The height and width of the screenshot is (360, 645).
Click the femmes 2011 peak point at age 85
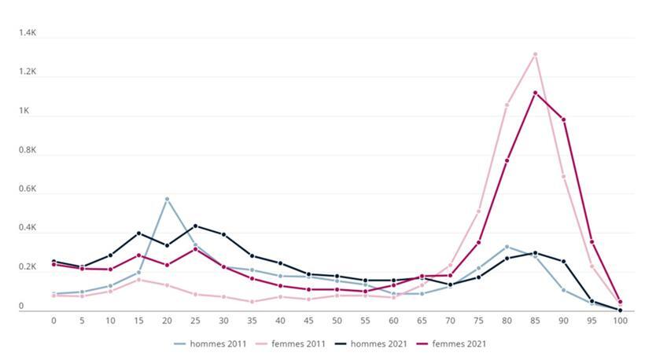535,54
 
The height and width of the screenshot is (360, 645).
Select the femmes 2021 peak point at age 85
535,93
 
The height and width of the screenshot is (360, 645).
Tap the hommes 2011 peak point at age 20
167,199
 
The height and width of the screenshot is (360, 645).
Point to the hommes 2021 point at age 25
195,226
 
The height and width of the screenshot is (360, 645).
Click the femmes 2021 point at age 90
563,119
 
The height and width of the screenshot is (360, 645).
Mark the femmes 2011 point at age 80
507,105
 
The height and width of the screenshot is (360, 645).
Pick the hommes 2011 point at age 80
507,246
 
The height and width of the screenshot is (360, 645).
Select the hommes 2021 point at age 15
138,233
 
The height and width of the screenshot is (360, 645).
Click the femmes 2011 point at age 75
478,211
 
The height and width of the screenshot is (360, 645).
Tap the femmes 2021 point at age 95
592,242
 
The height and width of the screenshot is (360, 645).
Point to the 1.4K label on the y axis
28,34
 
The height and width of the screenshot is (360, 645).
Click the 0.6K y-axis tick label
28,189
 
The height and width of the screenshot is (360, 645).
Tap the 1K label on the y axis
31,112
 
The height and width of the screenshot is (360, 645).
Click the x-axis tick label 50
337,321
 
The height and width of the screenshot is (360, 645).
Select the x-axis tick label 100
620,321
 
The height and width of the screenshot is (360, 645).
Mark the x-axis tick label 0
53,321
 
